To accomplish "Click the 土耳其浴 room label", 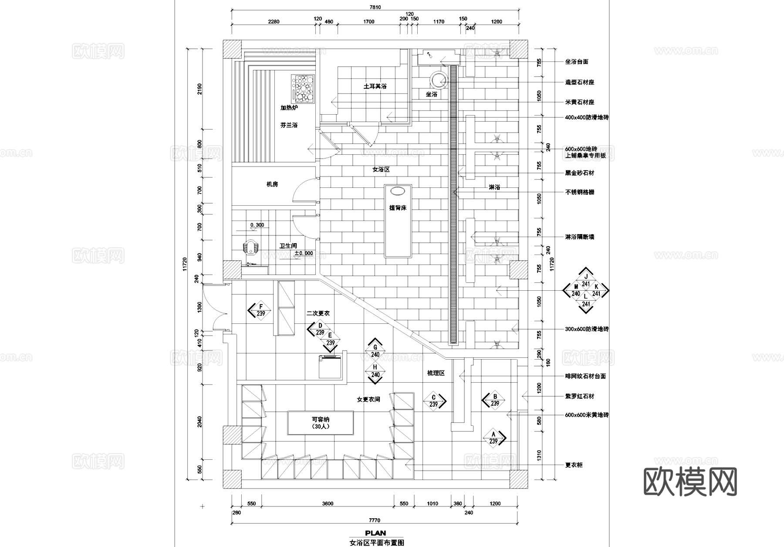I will [x=375, y=86].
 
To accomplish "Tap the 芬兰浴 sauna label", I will [x=289, y=125].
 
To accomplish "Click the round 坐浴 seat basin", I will [x=439, y=80].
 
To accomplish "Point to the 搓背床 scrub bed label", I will [x=397, y=208].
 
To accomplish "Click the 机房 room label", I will [x=272, y=184].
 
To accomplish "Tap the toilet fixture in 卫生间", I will [x=250, y=247].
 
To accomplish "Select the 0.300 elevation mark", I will [x=257, y=225].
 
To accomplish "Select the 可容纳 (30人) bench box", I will [x=320, y=423].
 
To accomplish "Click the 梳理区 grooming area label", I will [x=436, y=373].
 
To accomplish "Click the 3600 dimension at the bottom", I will [x=328, y=503].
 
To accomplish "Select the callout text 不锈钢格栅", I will [x=579, y=192].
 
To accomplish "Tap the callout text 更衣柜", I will [x=574, y=465].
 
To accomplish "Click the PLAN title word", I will [x=375, y=533].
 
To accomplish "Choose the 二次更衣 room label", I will [x=318, y=313].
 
